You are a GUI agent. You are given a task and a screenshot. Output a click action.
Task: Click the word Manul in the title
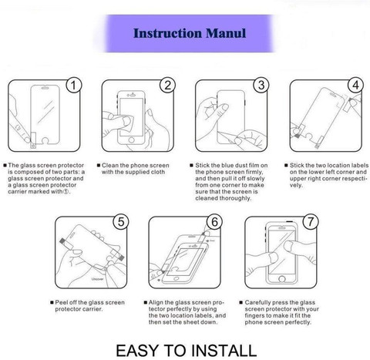pyautogui.click(x=226, y=33)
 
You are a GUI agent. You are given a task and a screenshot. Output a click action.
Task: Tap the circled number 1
pyautogui.click(x=74, y=85)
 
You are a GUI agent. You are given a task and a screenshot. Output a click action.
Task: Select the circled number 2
pyautogui.click(x=167, y=85)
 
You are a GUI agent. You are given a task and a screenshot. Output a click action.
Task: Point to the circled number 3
pyautogui.click(x=261, y=85)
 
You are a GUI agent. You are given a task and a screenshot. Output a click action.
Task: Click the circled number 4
pyautogui.click(x=355, y=85)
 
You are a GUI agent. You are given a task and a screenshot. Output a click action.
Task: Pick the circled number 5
pyautogui.click(x=121, y=222)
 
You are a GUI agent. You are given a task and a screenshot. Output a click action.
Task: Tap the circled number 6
pyautogui.click(x=214, y=222)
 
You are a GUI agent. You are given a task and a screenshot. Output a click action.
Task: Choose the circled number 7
pyautogui.click(x=311, y=222)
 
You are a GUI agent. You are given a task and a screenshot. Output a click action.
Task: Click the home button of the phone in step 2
pyautogui.click(x=131, y=140)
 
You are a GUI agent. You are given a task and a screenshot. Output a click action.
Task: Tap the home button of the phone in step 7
pyautogui.click(x=282, y=279)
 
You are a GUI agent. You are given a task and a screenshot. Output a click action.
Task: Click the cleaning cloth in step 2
pyautogui.click(x=128, y=123)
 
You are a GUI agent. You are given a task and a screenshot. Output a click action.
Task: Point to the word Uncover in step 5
pyautogui.click(x=97, y=279)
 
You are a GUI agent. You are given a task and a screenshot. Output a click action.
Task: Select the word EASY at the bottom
pyautogui.click(x=137, y=351)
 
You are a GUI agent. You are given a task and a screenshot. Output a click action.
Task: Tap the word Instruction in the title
pyautogui.click(x=167, y=33)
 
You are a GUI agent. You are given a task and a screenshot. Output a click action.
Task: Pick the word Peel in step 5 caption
pyautogui.click(x=60, y=302)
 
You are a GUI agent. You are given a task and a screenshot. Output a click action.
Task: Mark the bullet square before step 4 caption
pyautogui.click(x=286, y=165)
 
